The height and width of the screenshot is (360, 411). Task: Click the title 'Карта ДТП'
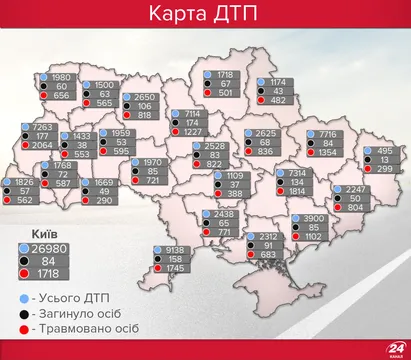(205, 17)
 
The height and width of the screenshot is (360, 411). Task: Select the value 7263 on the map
(42, 129)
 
